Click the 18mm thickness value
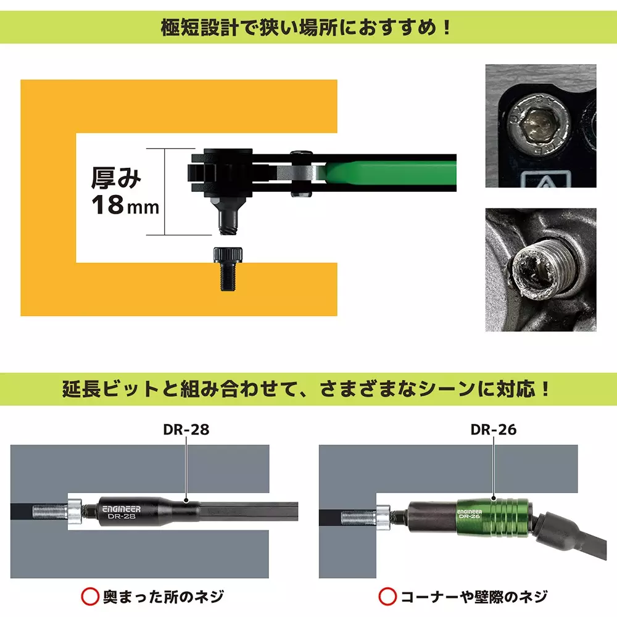(125, 205)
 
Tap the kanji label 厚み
(116, 178)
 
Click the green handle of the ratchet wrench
(389, 172)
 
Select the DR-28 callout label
(186, 429)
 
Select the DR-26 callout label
(493, 429)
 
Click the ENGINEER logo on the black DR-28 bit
(121, 508)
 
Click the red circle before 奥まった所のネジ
(90, 596)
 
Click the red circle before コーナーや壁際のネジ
(387, 596)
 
